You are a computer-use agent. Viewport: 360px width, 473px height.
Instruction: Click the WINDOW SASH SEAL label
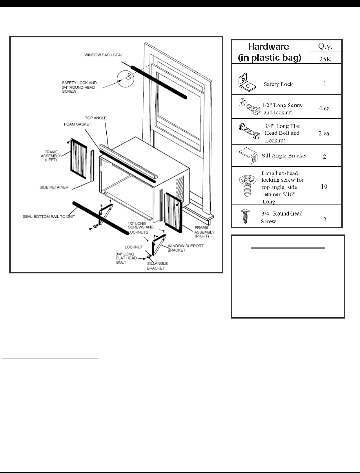click(x=103, y=55)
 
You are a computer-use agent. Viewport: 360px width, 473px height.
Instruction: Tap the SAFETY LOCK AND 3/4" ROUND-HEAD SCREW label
click(x=79, y=87)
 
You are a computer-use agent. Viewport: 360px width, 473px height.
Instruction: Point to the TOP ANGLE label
click(x=96, y=118)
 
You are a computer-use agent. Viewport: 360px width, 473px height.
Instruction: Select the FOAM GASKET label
click(x=77, y=124)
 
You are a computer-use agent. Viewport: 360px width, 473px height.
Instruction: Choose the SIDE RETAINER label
click(x=54, y=187)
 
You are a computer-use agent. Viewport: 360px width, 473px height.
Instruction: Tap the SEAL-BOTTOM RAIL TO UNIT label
click(x=49, y=216)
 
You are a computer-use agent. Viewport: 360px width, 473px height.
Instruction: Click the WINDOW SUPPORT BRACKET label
click(x=185, y=248)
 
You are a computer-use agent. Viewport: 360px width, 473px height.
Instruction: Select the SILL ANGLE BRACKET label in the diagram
click(x=157, y=266)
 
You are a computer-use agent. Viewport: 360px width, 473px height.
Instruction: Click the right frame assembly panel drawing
click(x=173, y=213)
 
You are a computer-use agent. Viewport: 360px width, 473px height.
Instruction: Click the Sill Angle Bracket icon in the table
click(x=248, y=156)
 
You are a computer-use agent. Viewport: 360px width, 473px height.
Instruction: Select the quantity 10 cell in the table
click(x=324, y=186)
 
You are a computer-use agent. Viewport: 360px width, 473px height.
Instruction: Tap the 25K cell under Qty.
click(x=325, y=59)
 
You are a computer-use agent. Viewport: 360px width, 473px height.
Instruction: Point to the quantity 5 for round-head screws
click(x=325, y=219)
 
